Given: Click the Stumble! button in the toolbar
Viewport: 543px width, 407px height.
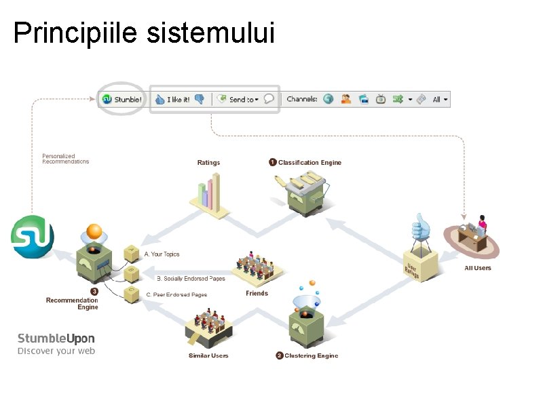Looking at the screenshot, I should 122,99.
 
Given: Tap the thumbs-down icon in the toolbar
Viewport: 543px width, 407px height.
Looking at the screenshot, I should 200,99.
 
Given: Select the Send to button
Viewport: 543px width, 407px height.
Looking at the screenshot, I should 238,99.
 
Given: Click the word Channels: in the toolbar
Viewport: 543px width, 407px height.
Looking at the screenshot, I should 301,99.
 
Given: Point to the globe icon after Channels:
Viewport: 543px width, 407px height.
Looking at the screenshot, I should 329,99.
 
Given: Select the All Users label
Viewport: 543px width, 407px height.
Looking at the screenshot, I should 478,268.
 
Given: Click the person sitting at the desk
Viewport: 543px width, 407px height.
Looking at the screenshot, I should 482,223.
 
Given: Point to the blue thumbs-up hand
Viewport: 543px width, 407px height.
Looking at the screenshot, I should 421,227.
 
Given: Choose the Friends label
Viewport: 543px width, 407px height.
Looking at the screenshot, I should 257,294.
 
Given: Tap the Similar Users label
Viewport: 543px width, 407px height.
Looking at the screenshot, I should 208,355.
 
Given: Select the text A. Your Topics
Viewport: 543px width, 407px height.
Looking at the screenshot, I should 162,254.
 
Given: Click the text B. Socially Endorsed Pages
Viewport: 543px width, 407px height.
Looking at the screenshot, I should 191,279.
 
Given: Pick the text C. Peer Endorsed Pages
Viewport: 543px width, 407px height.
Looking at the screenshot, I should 176,295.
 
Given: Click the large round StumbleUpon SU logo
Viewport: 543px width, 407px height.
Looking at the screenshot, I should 32,237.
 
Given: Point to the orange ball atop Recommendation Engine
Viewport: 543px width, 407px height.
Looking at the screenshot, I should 94,231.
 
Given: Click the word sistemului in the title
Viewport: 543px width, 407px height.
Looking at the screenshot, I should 210,33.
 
